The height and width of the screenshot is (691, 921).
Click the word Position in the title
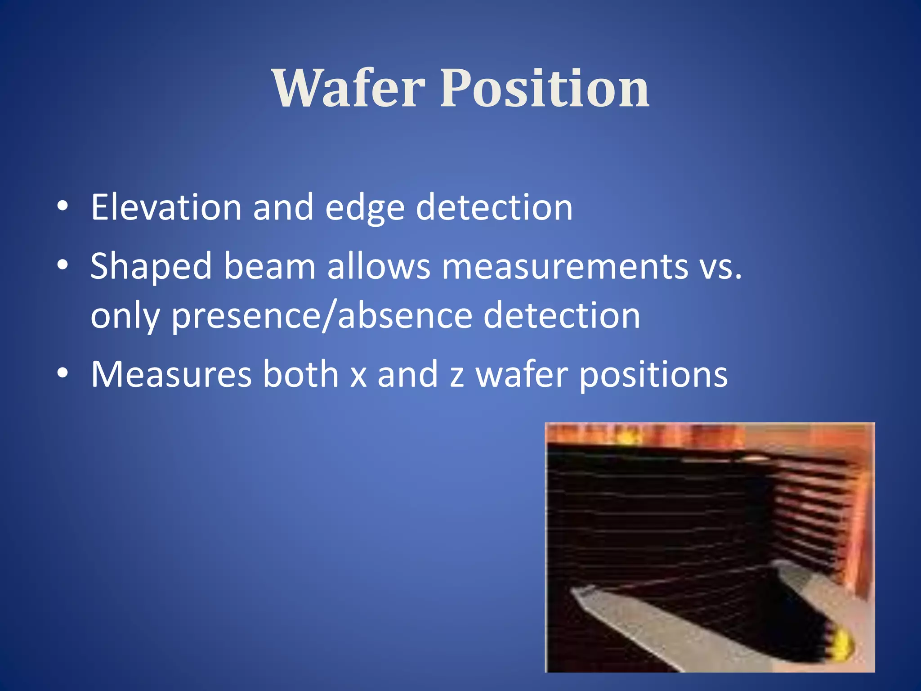coord(545,89)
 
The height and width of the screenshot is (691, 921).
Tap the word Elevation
coord(166,207)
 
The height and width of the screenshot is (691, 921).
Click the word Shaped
coord(151,267)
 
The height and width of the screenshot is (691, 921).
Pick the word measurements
coord(564,267)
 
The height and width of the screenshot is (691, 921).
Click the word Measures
coord(171,374)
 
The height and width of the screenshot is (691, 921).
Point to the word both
coord(300,374)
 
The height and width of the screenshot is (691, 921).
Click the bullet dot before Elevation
coord(63,206)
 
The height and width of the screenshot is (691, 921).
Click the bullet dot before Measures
coord(63,373)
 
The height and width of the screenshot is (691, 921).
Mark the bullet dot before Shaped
coord(63,265)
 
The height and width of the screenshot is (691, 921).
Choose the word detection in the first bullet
coord(494,207)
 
